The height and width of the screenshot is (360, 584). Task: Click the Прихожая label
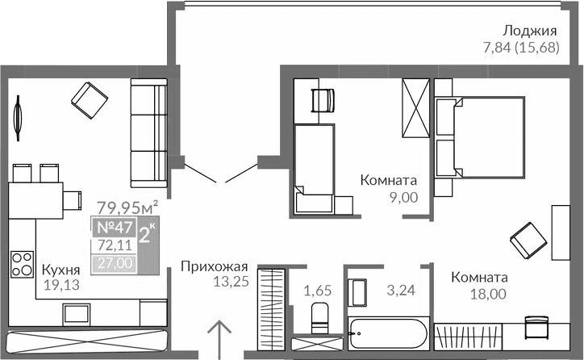point(214,266)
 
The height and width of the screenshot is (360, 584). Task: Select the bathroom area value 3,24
point(400,289)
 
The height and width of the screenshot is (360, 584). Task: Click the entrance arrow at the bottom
point(219,338)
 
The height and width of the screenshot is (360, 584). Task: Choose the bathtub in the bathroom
point(388,333)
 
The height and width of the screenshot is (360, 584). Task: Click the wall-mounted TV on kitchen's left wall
point(16,115)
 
